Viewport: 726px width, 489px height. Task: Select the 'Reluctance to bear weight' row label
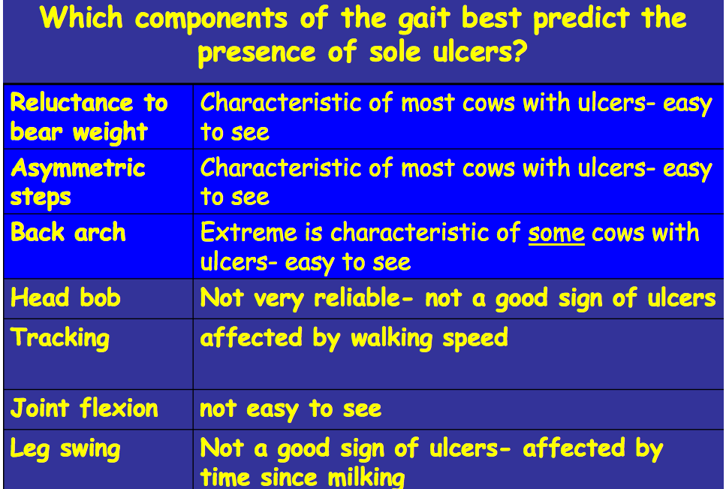click(89, 116)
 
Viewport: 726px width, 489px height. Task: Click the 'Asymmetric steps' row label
click(77, 182)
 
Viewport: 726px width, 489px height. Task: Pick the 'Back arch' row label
click(68, 232)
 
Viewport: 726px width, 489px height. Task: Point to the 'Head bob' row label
click(65, 297)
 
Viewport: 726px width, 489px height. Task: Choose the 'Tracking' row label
click(60, 338)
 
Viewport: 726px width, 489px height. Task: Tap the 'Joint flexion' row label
click(84, 408)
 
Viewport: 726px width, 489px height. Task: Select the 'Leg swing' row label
click(65, 449)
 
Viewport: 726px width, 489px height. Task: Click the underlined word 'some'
click(556, 233)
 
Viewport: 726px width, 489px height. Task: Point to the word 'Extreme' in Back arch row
click(249, 232)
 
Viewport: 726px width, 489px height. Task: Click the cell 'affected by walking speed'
click(354, 338)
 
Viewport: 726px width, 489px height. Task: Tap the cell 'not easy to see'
click(291, 409)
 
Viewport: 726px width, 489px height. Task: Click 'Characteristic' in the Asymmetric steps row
click(281, 168)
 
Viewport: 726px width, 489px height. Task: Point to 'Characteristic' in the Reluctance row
click(281, 102)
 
